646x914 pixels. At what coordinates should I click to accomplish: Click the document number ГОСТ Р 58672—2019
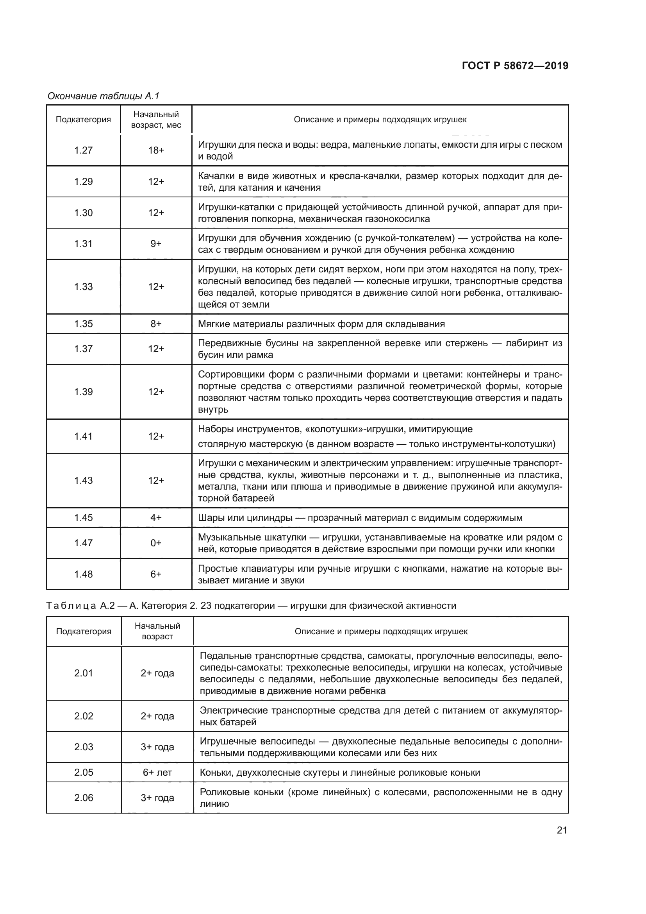515,66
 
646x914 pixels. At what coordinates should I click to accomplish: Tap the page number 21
562,830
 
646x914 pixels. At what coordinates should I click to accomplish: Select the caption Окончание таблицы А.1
104,96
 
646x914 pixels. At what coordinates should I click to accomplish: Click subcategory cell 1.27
84,150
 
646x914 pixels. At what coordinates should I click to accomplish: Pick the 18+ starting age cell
156,150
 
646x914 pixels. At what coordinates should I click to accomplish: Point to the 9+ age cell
156,243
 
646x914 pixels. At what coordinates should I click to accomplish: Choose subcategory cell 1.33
84,286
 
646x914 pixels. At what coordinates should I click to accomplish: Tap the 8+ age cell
156,324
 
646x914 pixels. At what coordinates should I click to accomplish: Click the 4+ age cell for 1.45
156,517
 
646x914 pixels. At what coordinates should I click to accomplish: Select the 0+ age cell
156,543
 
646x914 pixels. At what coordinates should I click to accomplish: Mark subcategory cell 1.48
84,574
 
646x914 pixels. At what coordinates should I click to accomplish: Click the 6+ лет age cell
157,773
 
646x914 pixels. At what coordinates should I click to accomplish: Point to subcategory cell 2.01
84,673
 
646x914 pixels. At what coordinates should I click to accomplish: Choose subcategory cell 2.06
84,798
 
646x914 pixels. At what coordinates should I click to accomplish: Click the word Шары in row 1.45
209,517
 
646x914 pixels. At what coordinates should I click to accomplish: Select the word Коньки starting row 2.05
216,773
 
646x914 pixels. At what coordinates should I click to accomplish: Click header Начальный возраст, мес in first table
156,120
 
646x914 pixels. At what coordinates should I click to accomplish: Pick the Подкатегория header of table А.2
84,631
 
